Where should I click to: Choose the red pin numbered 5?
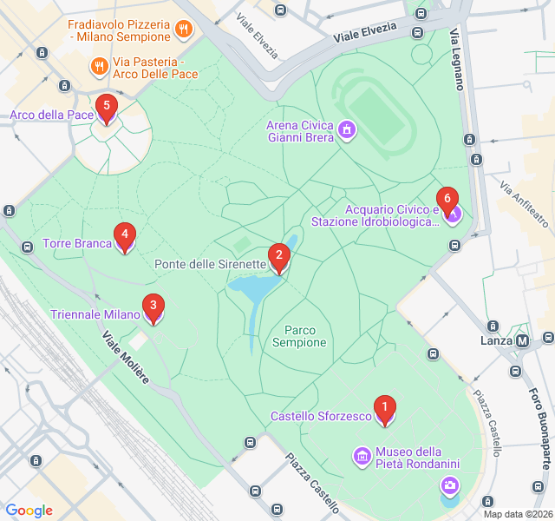(x=106, y=109)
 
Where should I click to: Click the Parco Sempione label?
(x=299, y=336)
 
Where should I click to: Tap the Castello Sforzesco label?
(x=321, y=417)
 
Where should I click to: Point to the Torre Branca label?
(x=77, y=243)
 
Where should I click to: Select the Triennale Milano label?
(x=95, y=314)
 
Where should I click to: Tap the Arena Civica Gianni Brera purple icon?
(x=348, y=131)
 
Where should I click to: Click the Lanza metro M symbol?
(x=522, y=341)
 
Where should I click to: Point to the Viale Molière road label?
(x=126, y=357)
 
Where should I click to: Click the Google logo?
(x=29, y=511)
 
